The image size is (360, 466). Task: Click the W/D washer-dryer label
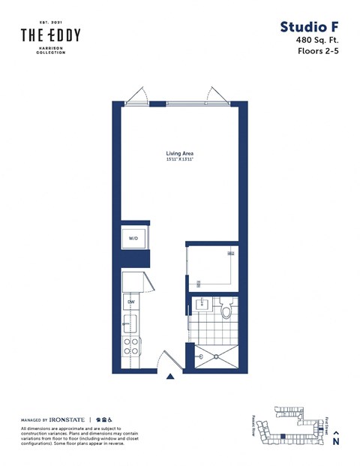coord(133,238)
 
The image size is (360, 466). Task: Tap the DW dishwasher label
coord(130,302)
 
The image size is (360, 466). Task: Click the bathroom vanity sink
coord(202,306)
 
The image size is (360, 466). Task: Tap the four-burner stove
coord(130,346)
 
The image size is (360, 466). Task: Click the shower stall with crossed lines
coord(215,355)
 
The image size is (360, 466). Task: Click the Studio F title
coord(309,27)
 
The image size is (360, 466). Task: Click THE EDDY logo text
coord(50,35)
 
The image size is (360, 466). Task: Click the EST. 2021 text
coord(50,23)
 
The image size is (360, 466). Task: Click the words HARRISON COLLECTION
coord(50,50)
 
